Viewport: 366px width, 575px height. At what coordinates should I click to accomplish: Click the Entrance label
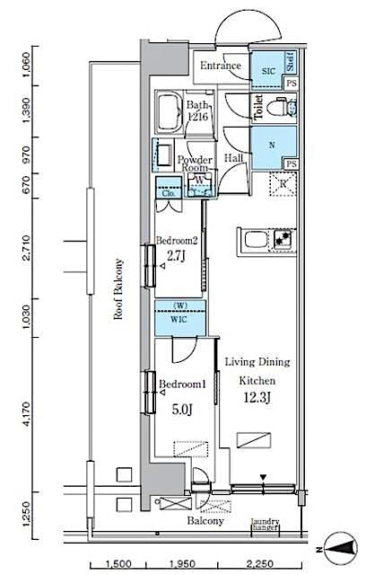click(220, 66)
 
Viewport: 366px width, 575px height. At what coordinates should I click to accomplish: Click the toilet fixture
click(283, 109)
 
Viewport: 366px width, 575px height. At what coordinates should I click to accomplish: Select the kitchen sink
click(255, 240)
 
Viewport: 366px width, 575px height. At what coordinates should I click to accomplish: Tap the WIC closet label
click(179, 321)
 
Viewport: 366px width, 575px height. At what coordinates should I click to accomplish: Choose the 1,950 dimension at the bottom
click(183, 563)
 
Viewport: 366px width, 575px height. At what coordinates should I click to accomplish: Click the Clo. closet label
click(167, 191)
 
